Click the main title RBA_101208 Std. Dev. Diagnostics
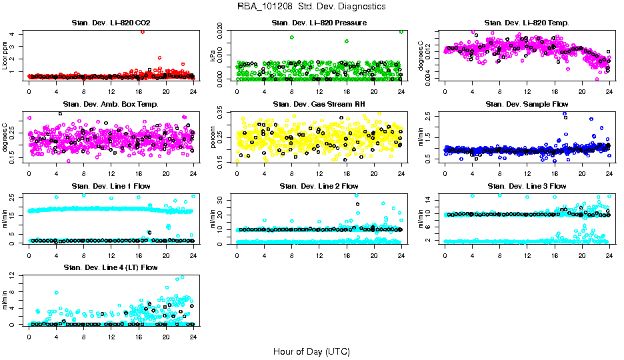(311, 7)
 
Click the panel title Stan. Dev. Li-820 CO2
(111, 23)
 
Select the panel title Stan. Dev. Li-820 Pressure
(319, 23)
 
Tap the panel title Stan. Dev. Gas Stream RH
(319, 105)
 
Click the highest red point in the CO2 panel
(143, 32)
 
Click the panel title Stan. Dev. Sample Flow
(527, 105)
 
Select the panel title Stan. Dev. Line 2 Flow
(319, 186)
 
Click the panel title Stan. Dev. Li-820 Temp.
(527, 23)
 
